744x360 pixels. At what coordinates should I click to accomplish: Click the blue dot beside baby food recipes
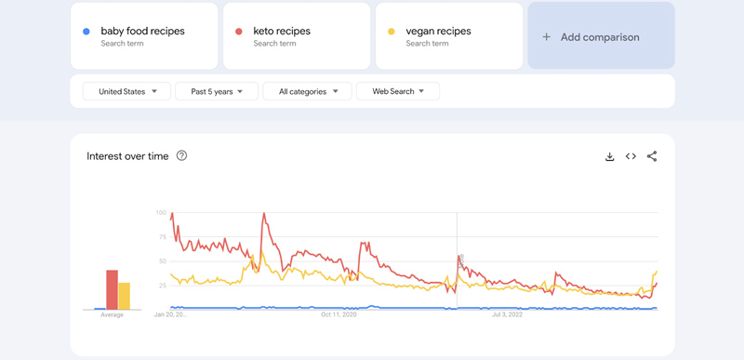coord(86,32)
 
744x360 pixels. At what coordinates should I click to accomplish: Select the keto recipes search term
coord(282,31)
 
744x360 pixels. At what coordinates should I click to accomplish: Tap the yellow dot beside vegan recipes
coord(392,32)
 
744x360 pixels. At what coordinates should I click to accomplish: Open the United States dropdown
coord(127,91)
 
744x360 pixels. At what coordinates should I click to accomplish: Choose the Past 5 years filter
coord(217,91)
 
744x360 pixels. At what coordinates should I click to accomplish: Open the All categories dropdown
coord(308,91)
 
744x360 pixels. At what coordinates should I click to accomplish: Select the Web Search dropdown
coord(398,91)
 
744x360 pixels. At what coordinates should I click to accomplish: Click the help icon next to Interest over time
coord(181,155)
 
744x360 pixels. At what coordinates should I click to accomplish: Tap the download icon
coord(610,156)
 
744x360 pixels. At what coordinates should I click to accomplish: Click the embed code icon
coord(631,156)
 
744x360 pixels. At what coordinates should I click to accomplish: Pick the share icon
coord(652,156)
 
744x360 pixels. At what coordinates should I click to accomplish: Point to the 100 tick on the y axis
coord(161,213)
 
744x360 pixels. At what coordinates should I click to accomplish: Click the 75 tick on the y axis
coord(162,237)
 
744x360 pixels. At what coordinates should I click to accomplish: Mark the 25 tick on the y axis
coord(162,286)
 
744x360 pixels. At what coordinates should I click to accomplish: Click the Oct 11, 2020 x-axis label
coord(339,315)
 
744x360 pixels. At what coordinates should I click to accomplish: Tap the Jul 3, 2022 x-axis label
coord(507,315)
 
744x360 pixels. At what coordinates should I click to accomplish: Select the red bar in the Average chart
coord(112,289)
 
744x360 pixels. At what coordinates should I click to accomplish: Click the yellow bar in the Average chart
coord(125,296)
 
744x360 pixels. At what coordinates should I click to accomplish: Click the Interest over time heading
coord(127,156)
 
